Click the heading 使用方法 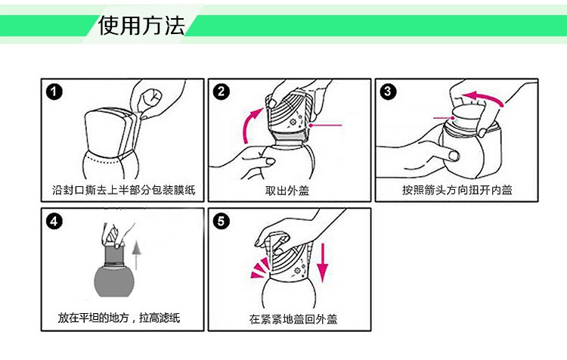[141, 26]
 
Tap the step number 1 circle [54, 92]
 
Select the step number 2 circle [222, 92]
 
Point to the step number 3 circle [388, 92]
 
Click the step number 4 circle [54, 221]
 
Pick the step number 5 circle [222, 221]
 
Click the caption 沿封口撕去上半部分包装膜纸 [124, 190]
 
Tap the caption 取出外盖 [287, 191]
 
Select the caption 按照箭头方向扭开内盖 [457, 190]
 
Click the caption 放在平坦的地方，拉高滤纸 [119, 318]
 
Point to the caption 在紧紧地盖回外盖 [293, 319]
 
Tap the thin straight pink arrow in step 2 [325, 126]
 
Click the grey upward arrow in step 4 [136, 256]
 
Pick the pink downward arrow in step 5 [323, 262]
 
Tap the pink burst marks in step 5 [260, 268]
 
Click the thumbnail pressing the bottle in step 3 [454, 156]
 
